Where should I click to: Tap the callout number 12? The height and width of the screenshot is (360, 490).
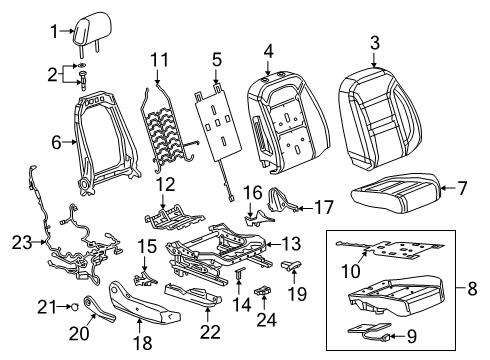pyautogui.click(x=166, y=182)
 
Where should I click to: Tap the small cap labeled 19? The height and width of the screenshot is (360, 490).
pyautogui.click(x=293, y=264)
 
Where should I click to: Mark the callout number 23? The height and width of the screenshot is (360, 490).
pyautogui.click(x=20, y=241)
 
